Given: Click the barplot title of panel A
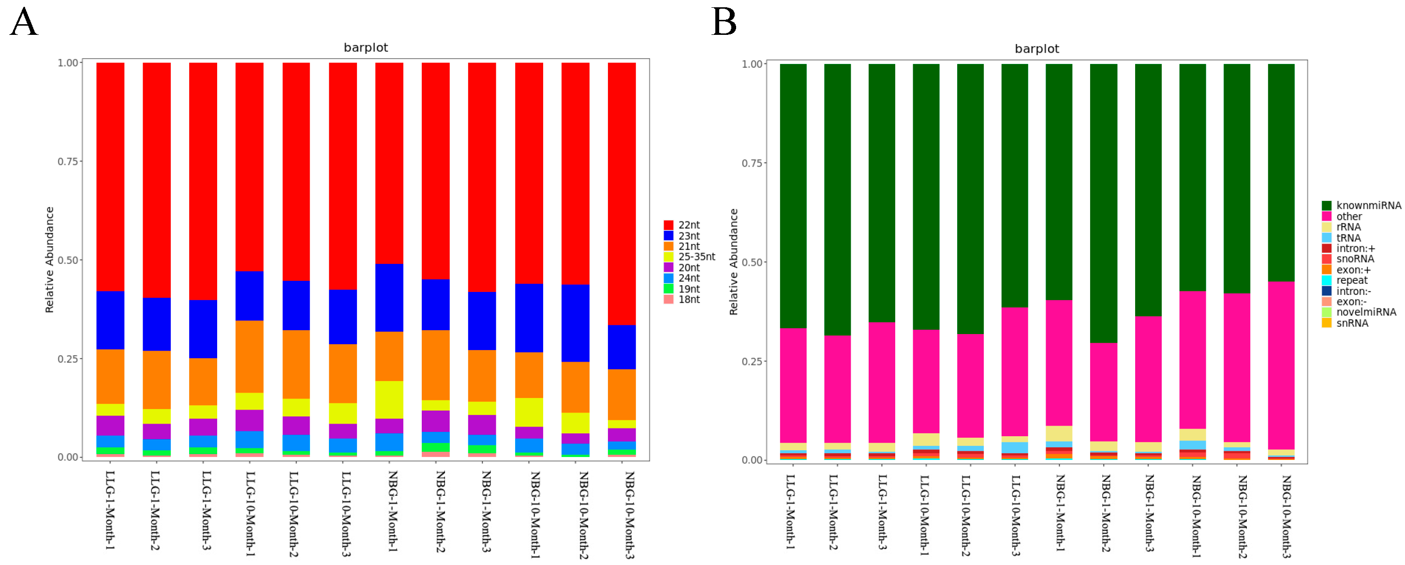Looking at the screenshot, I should coord(366,47).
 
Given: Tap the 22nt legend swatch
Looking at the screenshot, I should coord(668,225).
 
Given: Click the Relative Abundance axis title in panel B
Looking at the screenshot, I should coord(734,261).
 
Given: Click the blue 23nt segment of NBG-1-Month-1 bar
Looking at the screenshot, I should coord(389,298).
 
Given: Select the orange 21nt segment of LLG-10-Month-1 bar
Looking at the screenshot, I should coord(249,356).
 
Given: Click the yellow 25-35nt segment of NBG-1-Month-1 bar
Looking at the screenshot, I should coord(389,399).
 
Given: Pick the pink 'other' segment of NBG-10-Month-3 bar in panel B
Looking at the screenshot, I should coord(1281,365).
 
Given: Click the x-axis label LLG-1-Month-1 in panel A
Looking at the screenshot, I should coord(110,510).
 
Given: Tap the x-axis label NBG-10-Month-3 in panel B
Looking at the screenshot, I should coord(1286,516).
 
